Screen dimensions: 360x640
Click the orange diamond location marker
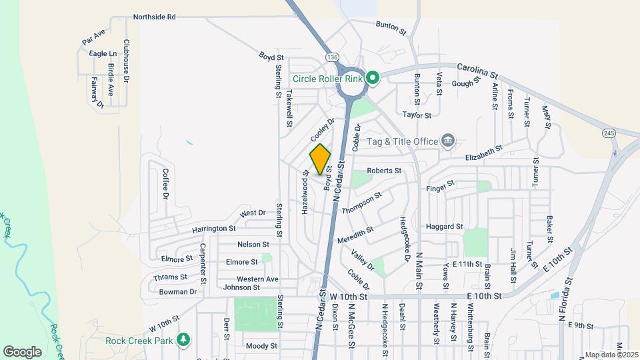point(320,160)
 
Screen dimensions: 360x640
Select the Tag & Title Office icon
point(449,141)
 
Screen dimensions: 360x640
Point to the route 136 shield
point(331,58)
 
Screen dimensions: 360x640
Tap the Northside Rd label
point(154,17)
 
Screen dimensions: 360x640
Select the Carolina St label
point(478,69)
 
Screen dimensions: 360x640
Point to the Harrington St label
point(214,229)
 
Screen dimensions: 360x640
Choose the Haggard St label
point(444,227)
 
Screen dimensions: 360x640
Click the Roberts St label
point(384,171)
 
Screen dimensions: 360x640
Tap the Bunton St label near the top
point(391,27)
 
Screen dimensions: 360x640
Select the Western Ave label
point(257,279)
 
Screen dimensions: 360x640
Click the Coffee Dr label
point(165,183)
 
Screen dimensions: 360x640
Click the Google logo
point(22,351)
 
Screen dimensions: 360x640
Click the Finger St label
point(441,183)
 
